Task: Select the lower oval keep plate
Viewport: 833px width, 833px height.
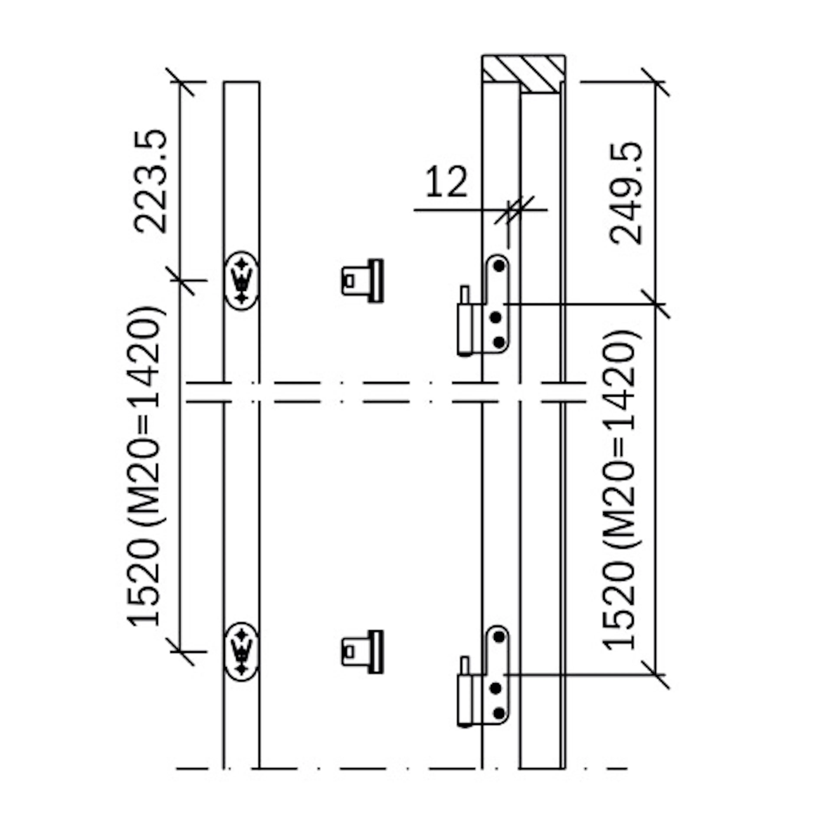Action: tap(241, 652)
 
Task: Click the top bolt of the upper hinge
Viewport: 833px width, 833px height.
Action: tap(499, 266)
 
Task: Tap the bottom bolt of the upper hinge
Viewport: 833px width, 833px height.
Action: tap(499, 343)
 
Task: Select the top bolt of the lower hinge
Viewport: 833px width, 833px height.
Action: tap(499, 637)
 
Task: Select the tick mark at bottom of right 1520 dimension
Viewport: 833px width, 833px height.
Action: tap(655, 675)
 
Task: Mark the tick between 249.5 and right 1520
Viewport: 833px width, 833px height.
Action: tap(655, 304)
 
